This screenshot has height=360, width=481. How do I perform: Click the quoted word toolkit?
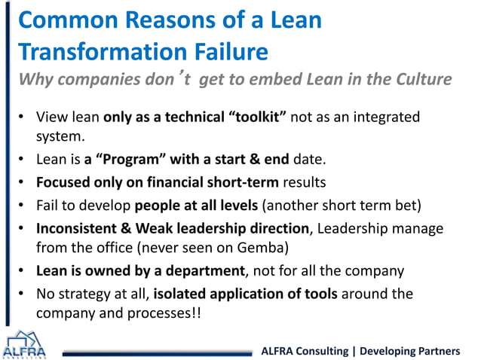[243, 118]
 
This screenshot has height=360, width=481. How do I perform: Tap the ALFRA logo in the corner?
[24, 346]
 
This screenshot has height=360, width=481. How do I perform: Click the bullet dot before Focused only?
[23, 182]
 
